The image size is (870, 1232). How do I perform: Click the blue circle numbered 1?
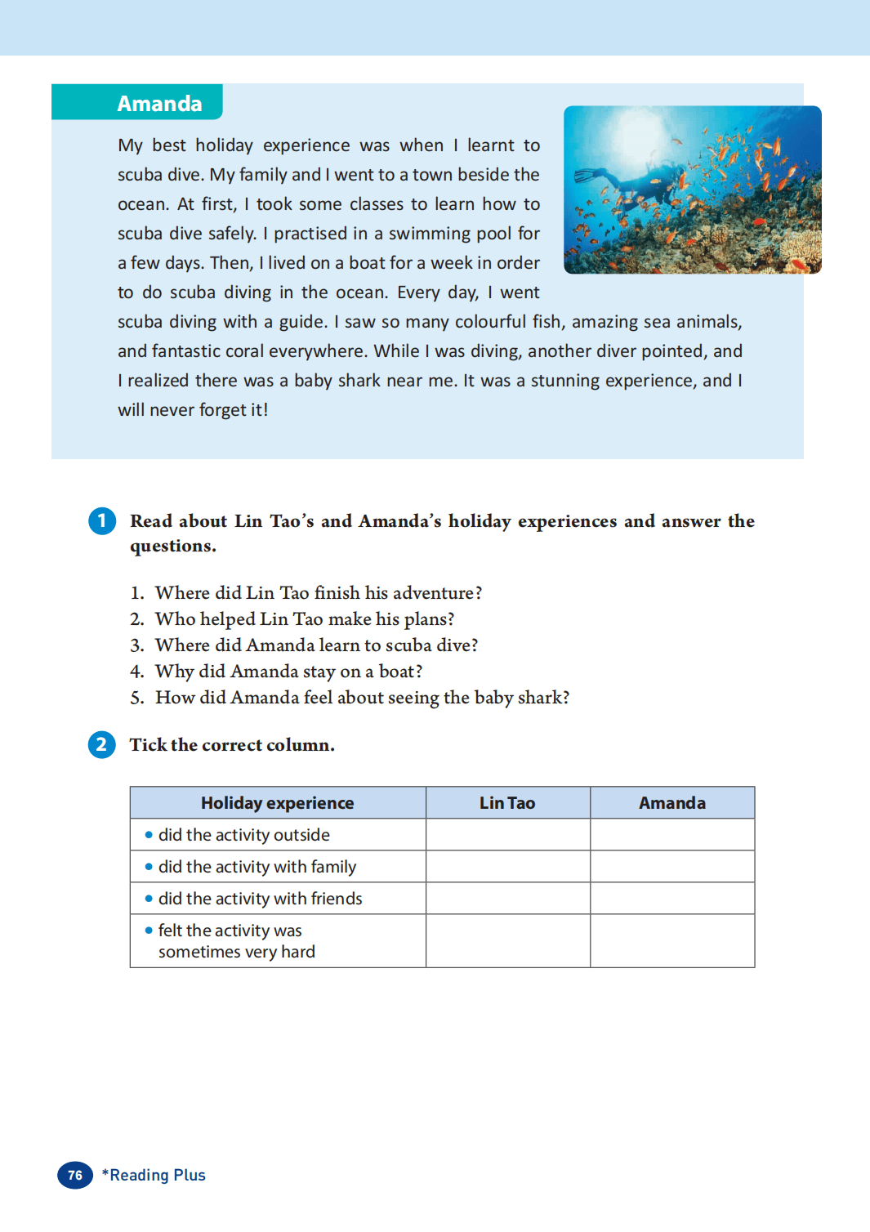tap(102, 521)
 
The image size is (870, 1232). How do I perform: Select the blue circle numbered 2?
tap(102, 744)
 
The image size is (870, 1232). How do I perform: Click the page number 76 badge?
tap(75, 1175)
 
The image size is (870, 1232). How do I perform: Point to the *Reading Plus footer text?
tap(154, 1175)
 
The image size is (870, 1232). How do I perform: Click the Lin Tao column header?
tap(507, 803)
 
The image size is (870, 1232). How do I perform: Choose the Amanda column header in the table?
tap(671, 803)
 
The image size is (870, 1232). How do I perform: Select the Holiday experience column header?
tap(277, 803)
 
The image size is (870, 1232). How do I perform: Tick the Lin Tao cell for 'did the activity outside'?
tap(507, 835)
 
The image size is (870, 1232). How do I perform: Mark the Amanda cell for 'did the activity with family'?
tap(671, 867)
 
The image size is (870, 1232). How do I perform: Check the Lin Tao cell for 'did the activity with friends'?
tap(507, 899)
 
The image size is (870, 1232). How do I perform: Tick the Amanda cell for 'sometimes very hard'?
tap(671, 941)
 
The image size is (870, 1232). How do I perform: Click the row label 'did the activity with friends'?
tap(260, 899)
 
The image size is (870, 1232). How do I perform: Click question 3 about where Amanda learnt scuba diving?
tap(315, 645)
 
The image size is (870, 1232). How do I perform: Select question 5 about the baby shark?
tap(361, 698)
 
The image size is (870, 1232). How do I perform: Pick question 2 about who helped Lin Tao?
tap(304, 619)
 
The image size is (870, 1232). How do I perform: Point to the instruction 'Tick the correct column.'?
tap(232, 745)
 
